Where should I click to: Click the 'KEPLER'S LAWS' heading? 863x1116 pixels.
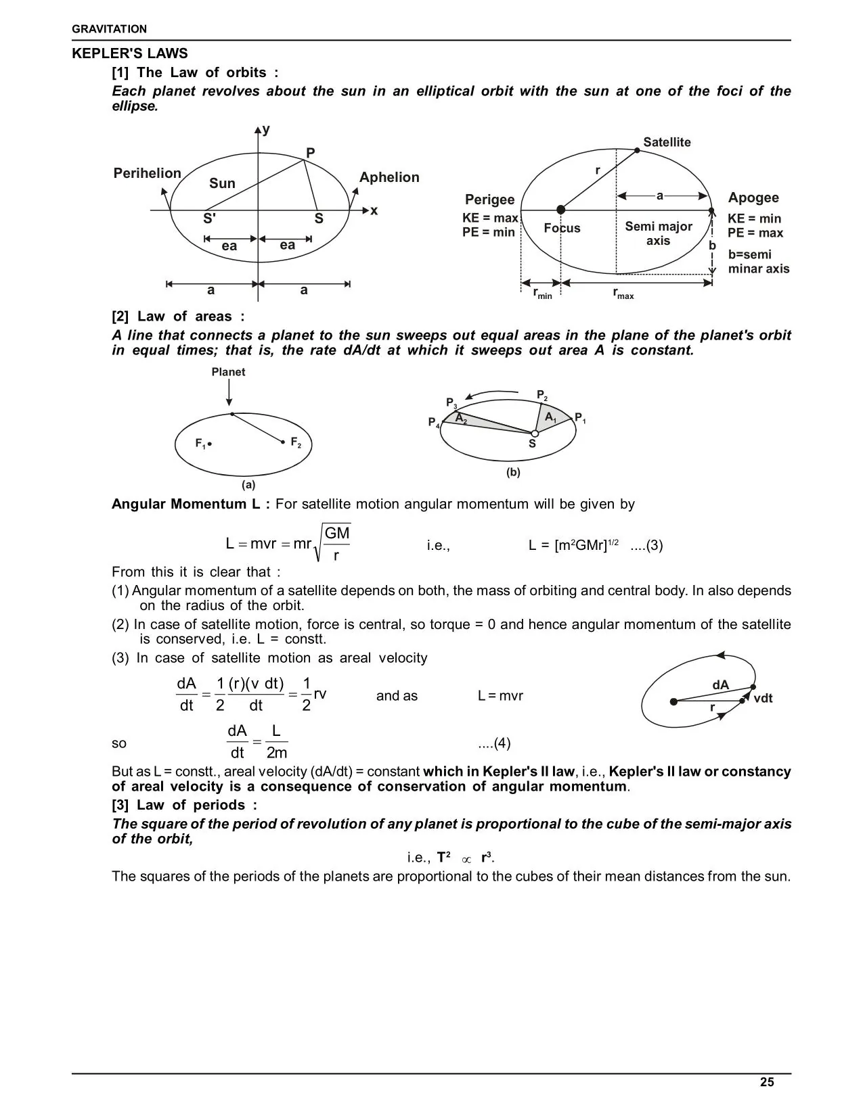(x=130, y=53)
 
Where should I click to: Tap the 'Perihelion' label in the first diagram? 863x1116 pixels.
(x=147, y=173)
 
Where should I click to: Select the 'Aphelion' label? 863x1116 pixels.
(x=389, y=177)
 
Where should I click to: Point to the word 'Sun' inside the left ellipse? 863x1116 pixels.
(x=222, y=183)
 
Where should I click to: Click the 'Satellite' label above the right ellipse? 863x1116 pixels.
(x=667, y=142)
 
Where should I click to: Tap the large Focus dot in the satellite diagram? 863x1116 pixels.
(x=560, y=210)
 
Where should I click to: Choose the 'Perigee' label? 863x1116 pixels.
(x=489, y=200)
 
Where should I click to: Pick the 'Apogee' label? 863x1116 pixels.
(x=753, y=197)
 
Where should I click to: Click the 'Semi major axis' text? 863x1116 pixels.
(x=658, y=233)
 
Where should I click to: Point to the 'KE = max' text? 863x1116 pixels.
(x=489, y=218)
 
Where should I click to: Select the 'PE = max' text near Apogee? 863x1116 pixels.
(x=755, y=233)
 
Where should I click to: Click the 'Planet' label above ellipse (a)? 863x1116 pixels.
(x=228, y=372)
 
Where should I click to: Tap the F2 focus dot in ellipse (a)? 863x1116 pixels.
(x=283, y=442)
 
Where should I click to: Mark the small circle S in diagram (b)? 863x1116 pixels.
(x=535, y=434)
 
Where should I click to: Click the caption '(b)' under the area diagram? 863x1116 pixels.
(x=513, y=472)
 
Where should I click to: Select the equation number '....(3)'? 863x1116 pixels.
(x=646, y=545)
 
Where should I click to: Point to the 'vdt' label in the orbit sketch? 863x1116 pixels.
(x=763, y=698)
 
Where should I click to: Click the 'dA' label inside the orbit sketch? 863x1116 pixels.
(x=720, y=685)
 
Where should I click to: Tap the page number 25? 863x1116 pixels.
(x=766, y=1082)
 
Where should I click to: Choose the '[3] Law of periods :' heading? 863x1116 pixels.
(x=184, y=805)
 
